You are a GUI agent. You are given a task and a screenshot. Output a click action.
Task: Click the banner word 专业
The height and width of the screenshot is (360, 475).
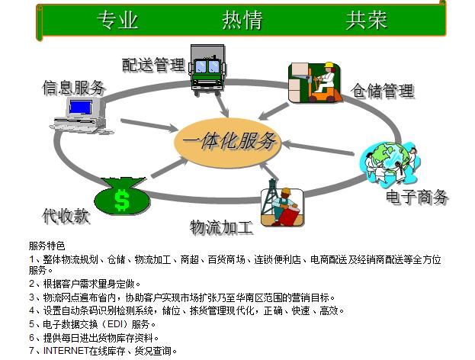(x=117, y=20)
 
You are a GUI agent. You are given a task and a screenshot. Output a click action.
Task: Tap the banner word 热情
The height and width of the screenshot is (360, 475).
(x=242, y=20)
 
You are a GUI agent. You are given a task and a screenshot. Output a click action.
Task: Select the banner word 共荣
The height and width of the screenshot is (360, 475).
(x=367, y=20)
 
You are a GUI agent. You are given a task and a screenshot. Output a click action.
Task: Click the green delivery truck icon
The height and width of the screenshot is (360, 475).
(x=207, y=69)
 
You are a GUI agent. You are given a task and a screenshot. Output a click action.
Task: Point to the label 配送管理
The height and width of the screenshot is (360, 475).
(x=153, y=65)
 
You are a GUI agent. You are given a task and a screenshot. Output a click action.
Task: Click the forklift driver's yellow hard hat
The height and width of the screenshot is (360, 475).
(x=329, y=65)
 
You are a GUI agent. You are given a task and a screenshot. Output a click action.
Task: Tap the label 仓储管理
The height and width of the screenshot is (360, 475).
(x=382, y=90)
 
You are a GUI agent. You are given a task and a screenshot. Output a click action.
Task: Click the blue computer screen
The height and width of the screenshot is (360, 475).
(x=80, y=108)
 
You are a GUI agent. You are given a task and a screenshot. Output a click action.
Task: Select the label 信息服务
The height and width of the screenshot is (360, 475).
(x=74, y=88)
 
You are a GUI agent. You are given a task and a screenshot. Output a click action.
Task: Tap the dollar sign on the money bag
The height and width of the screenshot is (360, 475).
(x=122, y=200)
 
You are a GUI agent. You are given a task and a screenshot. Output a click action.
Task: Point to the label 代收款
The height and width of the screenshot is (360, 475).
(x=66, y=216)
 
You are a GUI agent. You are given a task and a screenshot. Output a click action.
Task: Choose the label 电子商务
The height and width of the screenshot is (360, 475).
(x=417, y=197)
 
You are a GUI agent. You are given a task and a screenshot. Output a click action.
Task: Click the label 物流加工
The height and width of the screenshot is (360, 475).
(x=221, y=227)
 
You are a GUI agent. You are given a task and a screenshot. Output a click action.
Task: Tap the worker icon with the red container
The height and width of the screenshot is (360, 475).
(x=282, y=207)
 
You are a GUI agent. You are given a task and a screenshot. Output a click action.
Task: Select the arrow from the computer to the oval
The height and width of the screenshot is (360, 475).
(x=149, y=125)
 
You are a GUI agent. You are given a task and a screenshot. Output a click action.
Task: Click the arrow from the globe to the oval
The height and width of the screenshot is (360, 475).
(x=318, y=147)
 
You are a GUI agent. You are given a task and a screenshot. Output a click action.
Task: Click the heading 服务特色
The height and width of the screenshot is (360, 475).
(x=47, y=246)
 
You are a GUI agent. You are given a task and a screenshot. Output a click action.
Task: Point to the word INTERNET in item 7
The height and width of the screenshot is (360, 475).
(x=66, y=351)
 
